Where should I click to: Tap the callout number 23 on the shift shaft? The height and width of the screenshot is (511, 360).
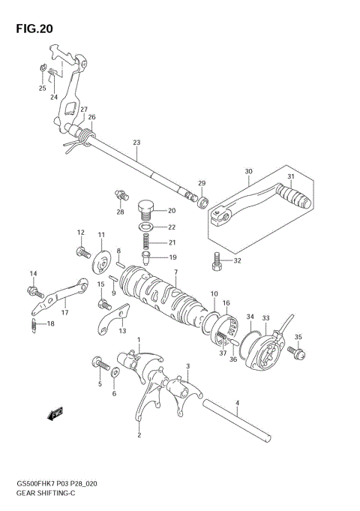point(136,143)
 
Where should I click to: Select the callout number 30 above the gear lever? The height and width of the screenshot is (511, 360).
point(248,172)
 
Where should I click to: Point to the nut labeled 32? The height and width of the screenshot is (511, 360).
point(217,262)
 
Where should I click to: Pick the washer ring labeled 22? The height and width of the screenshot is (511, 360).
point(148,227)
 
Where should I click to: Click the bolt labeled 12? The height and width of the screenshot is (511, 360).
point(81,251)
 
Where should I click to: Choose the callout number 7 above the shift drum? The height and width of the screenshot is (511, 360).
point(175,272)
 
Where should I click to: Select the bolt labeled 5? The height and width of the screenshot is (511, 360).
point(97,364)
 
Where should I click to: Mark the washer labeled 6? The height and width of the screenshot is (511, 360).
point(114,374)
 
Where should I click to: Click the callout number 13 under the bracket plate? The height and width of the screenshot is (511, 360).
point(121,331)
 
